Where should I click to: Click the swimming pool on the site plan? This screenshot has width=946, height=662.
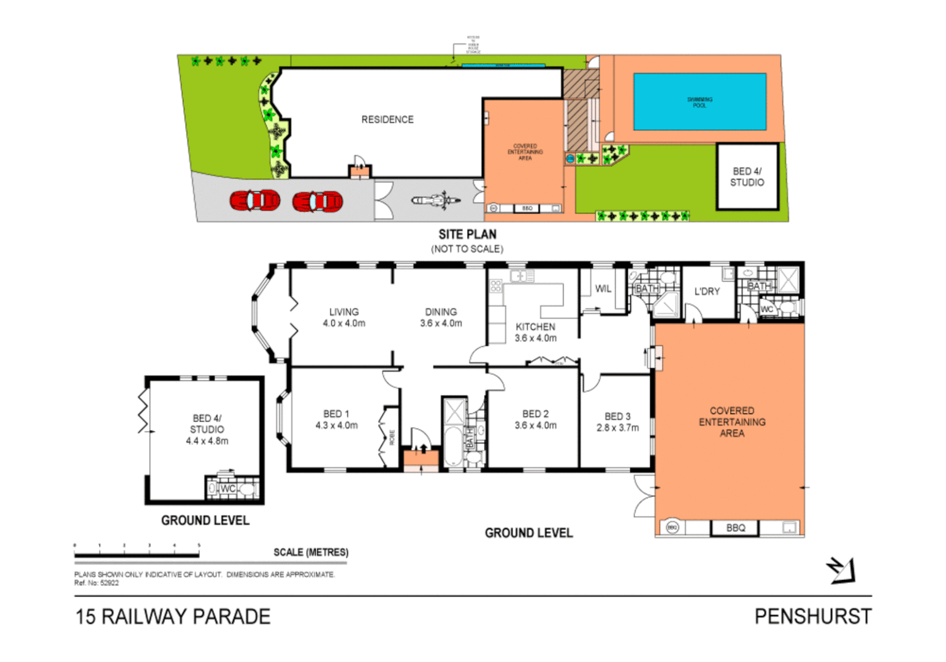(700, 102)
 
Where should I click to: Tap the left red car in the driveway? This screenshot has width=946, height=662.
(255, 200)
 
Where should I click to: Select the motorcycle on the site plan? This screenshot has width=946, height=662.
(435, 200)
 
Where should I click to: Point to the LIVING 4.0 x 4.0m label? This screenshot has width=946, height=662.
(344, 318)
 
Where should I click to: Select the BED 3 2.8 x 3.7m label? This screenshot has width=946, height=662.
(617, 422)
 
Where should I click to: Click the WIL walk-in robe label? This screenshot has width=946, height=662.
(603, 289)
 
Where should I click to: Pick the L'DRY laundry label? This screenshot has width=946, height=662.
(707, 292)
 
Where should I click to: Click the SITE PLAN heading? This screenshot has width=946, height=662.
(467, 234)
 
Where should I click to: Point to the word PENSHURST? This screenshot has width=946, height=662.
(813, 616)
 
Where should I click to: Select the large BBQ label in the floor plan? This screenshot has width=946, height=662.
(736, 528)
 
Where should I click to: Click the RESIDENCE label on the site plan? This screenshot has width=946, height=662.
(387, 120)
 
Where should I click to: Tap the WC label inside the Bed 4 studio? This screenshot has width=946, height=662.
(228, 489)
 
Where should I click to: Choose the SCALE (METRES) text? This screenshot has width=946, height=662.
(311, 552)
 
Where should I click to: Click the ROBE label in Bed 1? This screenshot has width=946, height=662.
(392, 437)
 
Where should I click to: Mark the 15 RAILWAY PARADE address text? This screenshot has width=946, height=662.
(173, 616)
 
